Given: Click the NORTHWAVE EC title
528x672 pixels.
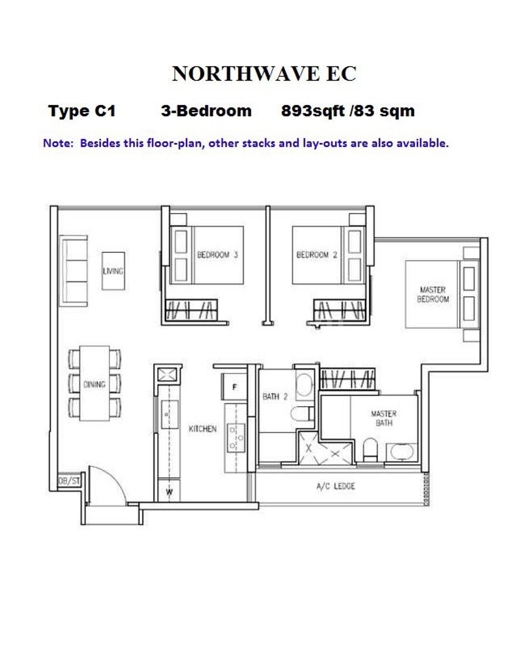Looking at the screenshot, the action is pos(264,74).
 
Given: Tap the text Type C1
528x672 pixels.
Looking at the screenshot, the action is pos(82,111).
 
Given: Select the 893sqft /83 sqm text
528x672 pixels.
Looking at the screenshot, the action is pos(347,111).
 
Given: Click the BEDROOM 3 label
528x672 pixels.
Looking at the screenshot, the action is pos(217,255).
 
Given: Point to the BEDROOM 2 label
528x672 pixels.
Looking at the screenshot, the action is pos(317,255).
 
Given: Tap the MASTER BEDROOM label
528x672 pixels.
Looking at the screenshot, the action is pos(433,295).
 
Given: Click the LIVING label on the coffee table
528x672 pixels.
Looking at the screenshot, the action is pos(113,271).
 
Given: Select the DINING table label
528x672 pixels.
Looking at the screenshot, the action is pos(94,384).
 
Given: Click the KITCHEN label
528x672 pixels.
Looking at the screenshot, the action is pos(203,428).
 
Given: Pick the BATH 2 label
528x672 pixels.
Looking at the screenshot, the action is pos(275,396).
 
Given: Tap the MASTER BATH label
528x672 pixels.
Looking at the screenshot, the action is pos(384,418).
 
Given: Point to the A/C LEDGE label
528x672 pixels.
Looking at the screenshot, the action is pos(336,486).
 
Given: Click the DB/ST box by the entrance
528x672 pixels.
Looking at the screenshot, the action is pos(69,481).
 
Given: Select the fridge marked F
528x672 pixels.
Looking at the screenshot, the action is pos(234,387).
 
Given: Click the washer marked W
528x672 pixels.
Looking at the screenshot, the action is pos(170,492).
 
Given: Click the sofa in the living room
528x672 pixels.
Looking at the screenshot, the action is pos(74,271).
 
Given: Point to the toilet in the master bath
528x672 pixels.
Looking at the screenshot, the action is pos(370,449).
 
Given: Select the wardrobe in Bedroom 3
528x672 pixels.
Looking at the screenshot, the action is pos(192,309).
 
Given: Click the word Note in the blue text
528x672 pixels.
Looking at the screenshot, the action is pos(58,143).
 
